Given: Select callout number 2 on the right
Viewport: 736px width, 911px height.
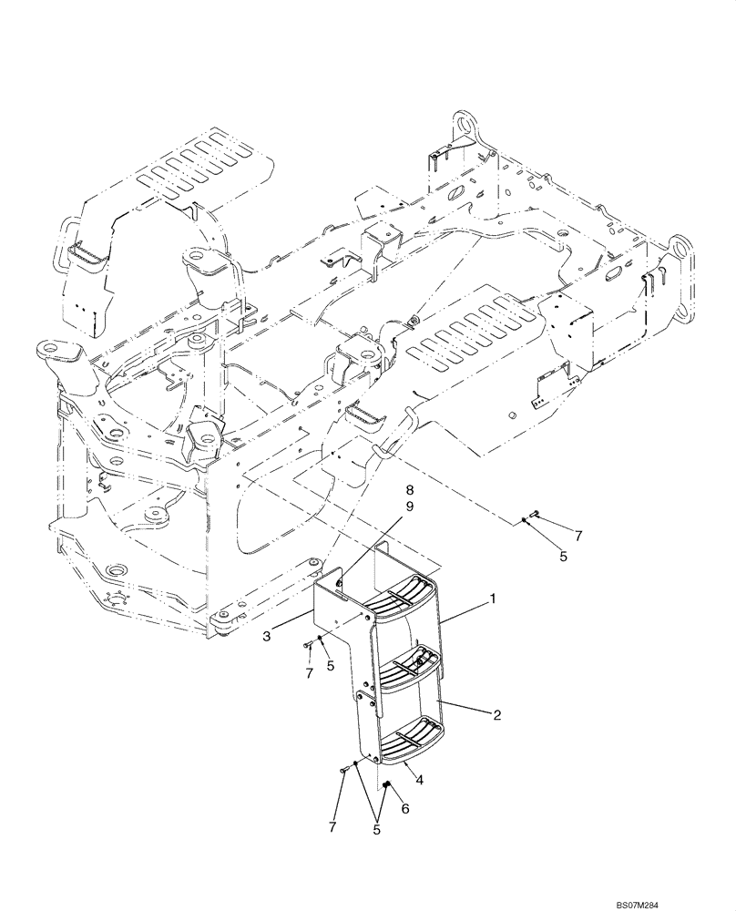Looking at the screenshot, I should [x=497, y=716].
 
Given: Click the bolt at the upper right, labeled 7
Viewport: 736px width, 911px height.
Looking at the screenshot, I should [x=536, y=515].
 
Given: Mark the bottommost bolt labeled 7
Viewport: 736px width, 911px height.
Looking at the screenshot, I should [x=342, y=771].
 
